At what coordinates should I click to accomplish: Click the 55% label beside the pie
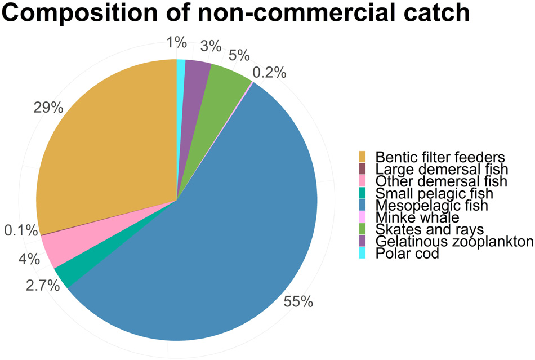pos(298,302)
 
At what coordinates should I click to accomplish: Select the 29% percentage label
pos(48,107)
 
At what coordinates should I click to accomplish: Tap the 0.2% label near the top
pos(269,73)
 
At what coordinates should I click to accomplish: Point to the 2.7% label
pos(43,286)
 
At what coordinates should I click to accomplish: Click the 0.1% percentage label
pos(20,230)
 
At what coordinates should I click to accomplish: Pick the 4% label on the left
pos(29,259)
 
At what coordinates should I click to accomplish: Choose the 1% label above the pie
pos(176,42)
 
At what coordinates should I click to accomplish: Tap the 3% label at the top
pos(211,46)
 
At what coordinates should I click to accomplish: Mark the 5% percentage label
pos(239,55)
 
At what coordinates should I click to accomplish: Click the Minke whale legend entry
pos(417,217)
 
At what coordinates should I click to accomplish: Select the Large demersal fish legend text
pos(442,168)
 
